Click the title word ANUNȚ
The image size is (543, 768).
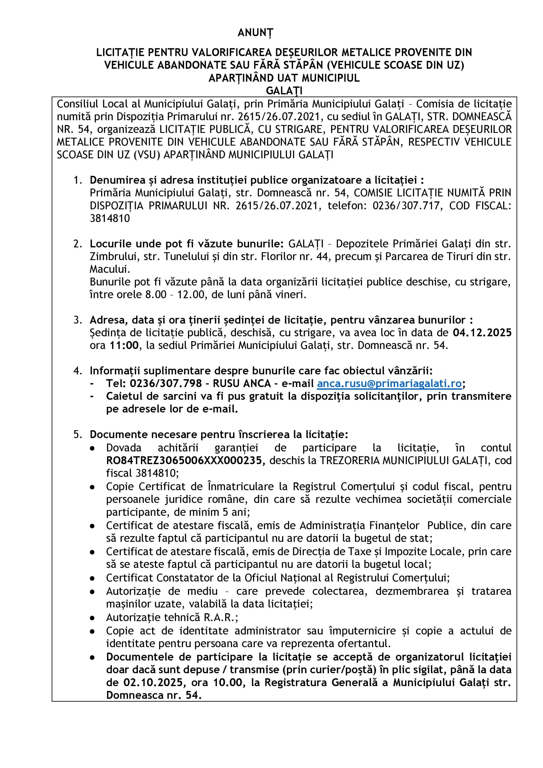click(x=255, y=32)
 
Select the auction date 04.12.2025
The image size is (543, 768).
click(x=482, y=333)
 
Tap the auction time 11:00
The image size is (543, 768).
click(x=124, y=346)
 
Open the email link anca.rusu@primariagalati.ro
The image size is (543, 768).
click(x=389, y=383)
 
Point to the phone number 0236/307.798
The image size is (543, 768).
click(x=166, y=383)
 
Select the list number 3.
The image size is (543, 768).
click(x=78, y=320)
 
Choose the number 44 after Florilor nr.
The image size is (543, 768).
click(x=323, y=256)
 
